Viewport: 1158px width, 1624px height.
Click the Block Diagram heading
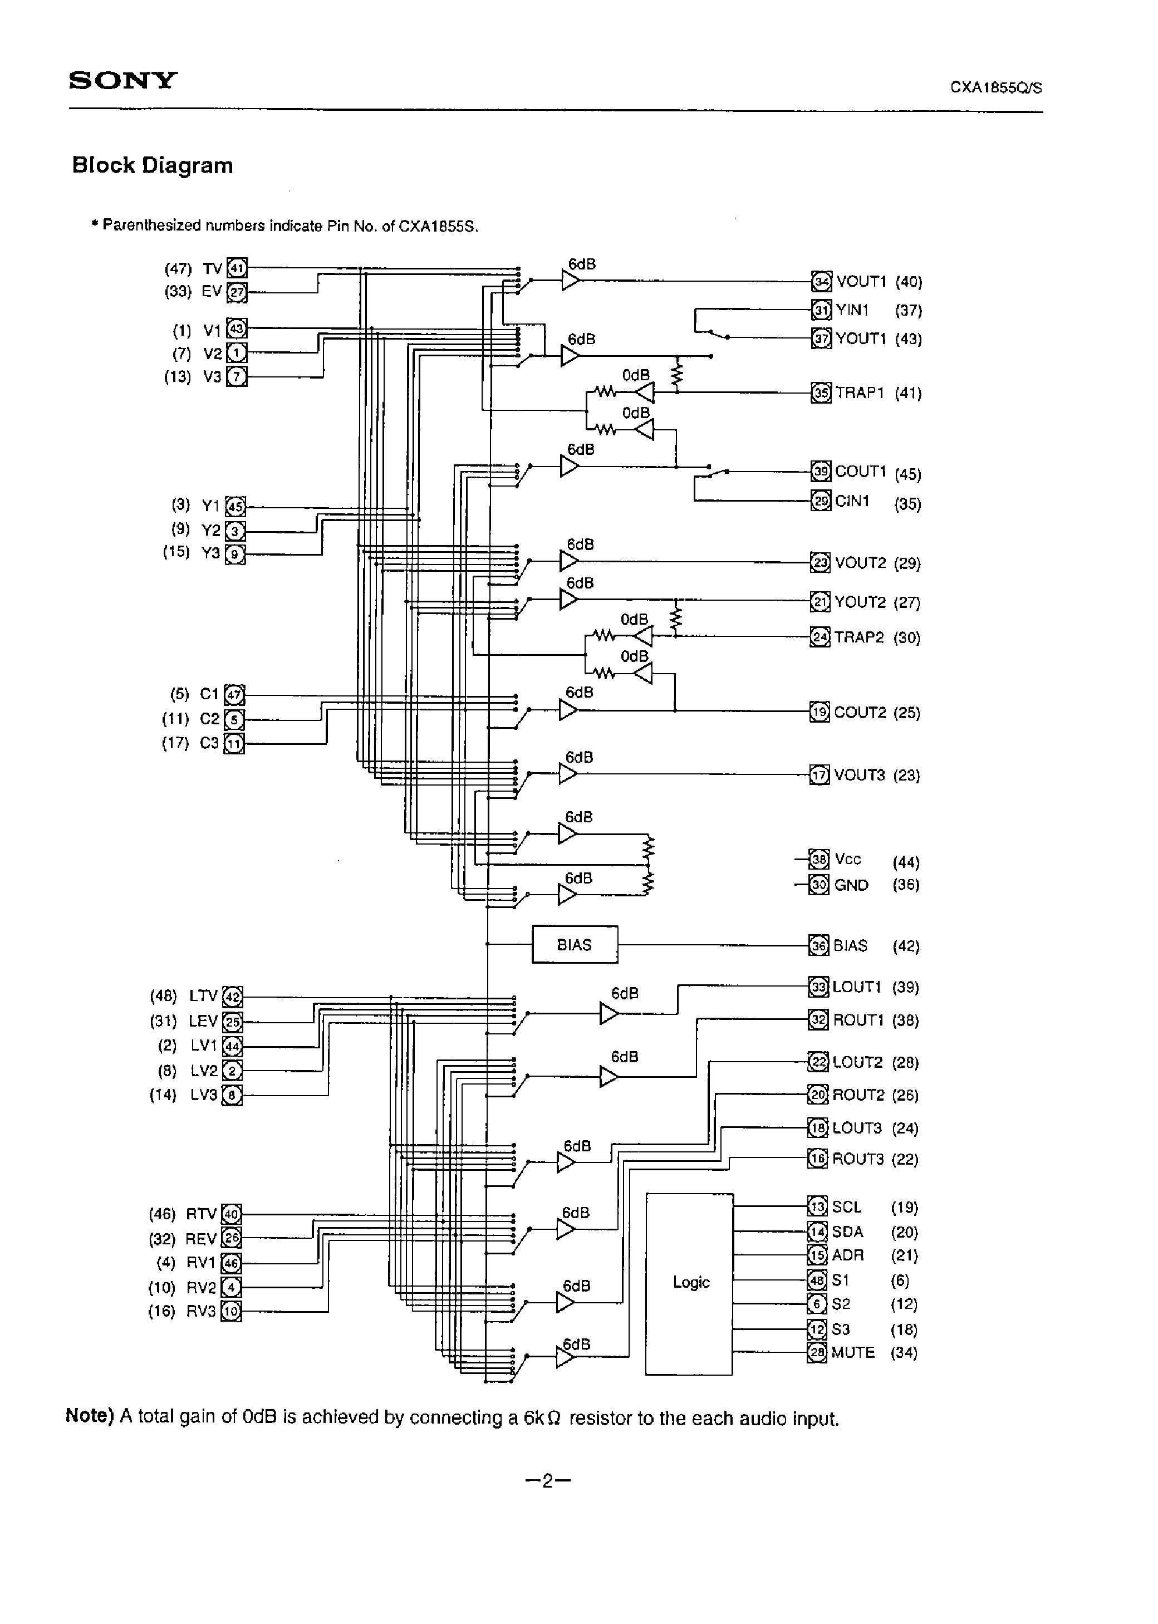click(x=153, y=165)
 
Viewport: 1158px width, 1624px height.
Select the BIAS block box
click(x=575, y=945)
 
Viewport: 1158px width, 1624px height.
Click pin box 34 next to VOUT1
click(x=821, y=282)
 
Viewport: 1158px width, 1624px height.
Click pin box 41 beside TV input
click(x=237, y=269)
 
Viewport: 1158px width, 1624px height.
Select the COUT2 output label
click(x=859, y=712)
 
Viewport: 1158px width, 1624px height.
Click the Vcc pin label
click(x=848, y=860)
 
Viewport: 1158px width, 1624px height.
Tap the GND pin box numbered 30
click(x=820, y=885)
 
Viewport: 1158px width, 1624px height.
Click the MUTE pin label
click(x=853, y=1352)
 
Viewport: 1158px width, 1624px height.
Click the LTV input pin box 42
click(x=233, y=997)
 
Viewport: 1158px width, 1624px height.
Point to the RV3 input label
click(x=200, y=1311)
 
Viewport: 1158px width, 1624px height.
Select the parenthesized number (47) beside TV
click(x=178, y=269)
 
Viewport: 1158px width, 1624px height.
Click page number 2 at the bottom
click(x=548, y=1482)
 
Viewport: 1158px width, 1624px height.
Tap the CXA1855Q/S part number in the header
click(x=995, y=88)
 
